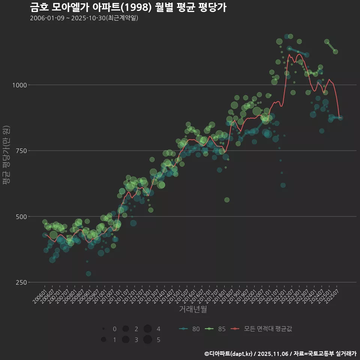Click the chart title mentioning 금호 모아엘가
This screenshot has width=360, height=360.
128,7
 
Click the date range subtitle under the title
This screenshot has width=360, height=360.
84,18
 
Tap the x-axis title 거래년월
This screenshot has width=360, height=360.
193,309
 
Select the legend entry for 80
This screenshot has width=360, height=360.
189,329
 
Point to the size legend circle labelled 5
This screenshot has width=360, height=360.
147,340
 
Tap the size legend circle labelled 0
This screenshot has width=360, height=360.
103,329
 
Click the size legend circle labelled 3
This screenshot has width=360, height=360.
125,340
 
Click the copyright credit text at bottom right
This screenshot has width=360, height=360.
280,354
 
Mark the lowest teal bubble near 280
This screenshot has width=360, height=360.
88,274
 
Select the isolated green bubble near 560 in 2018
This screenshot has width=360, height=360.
227,200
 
